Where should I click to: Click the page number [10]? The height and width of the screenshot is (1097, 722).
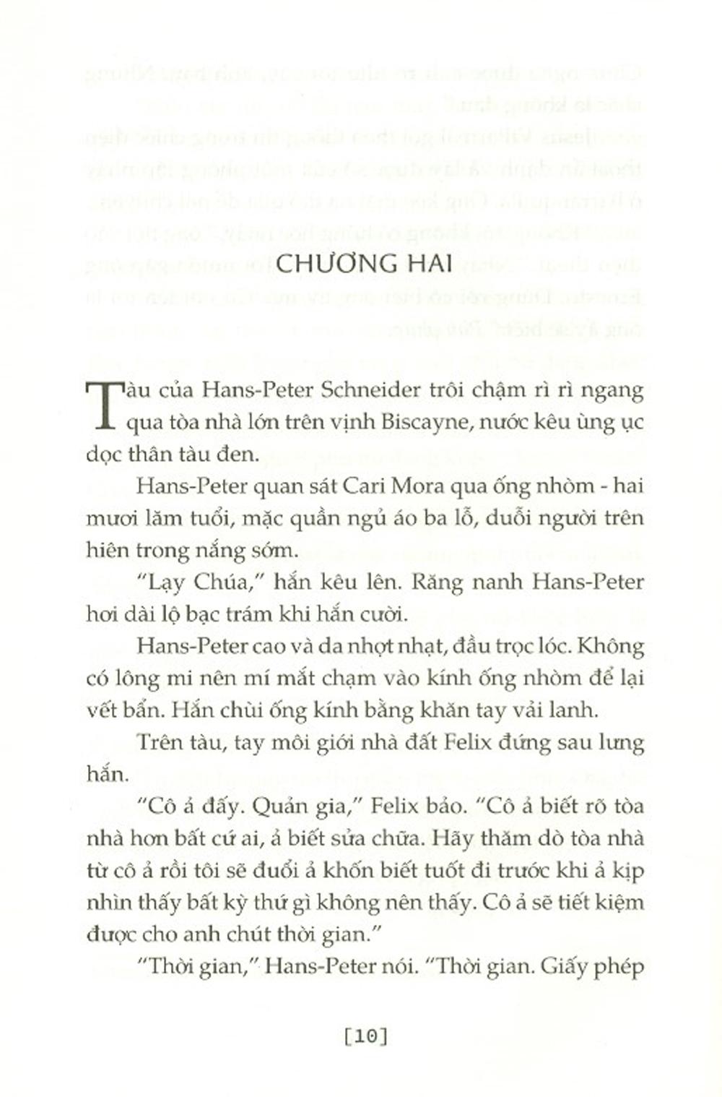(x=366, y=1036)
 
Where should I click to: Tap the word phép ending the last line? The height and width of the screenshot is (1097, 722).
(x=619, y=968)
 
